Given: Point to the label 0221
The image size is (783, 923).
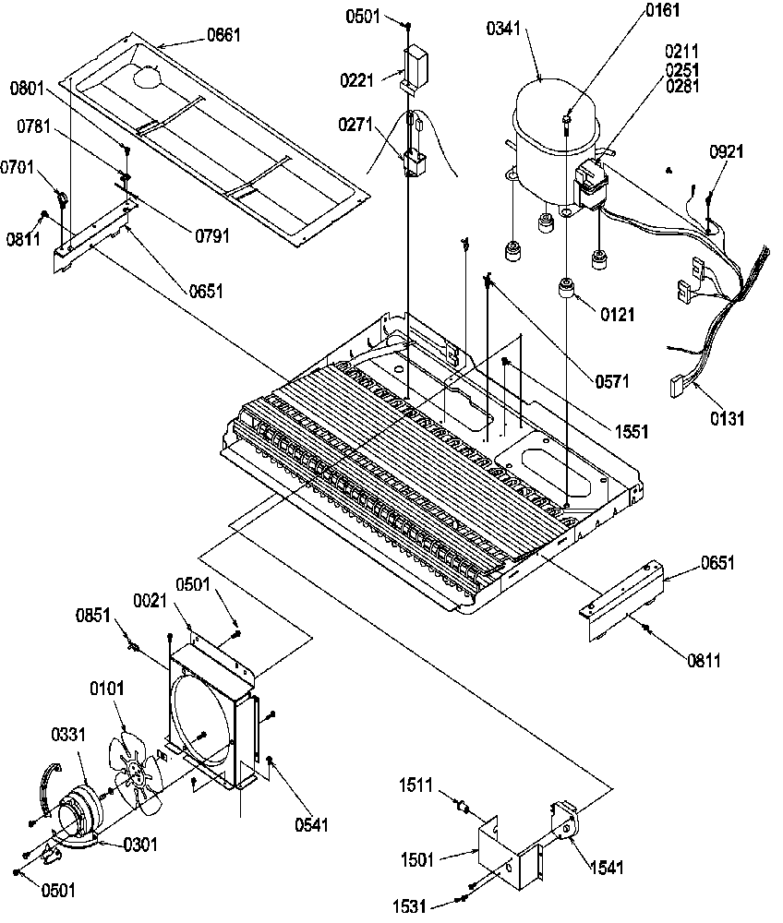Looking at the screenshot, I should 355,80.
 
